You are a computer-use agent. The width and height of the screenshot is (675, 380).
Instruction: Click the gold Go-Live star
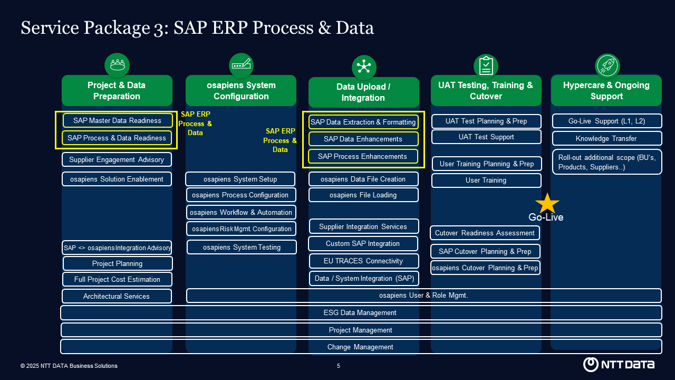tap(547, 203)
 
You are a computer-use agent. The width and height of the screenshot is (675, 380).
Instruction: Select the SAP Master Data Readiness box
tap(117, 120)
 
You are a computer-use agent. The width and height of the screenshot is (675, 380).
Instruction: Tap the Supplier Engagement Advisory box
tap(117, 159)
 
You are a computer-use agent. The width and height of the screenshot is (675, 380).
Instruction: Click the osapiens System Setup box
tap(240, 179)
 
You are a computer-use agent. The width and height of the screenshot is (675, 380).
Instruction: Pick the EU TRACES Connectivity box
tap(363, 261)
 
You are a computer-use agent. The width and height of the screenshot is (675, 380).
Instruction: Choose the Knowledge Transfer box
tap(606, 138)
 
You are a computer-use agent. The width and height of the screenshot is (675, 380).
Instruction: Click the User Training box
tap(486, 180)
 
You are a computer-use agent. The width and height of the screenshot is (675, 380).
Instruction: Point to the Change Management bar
tap(361, 347)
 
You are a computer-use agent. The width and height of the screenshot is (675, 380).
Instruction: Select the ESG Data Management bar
tap(361, 312)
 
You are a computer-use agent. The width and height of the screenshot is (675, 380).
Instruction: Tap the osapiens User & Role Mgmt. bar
tap(423, 296)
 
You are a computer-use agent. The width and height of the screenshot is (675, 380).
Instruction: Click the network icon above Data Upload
tap(364, 67)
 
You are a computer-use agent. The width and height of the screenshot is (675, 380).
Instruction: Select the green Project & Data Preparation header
tap(117, 90)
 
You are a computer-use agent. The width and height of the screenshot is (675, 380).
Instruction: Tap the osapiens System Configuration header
tap(240, 90)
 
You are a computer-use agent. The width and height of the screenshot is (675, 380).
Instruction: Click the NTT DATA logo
tap(619, 364)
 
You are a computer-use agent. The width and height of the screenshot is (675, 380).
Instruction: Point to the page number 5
tap(339, 366)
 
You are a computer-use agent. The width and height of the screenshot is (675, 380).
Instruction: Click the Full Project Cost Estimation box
tap(117, 279)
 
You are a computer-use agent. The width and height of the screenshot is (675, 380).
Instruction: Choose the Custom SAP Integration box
tap(363, 243)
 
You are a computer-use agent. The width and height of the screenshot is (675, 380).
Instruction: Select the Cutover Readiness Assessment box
tap(485, 233)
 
